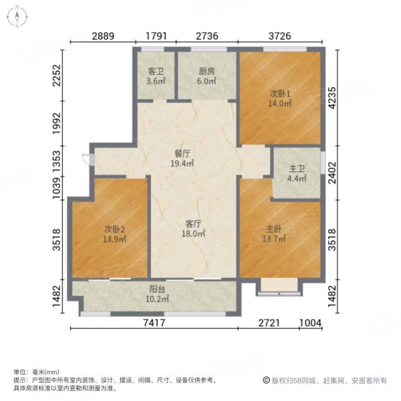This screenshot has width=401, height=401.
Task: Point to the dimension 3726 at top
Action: (279, 35)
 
